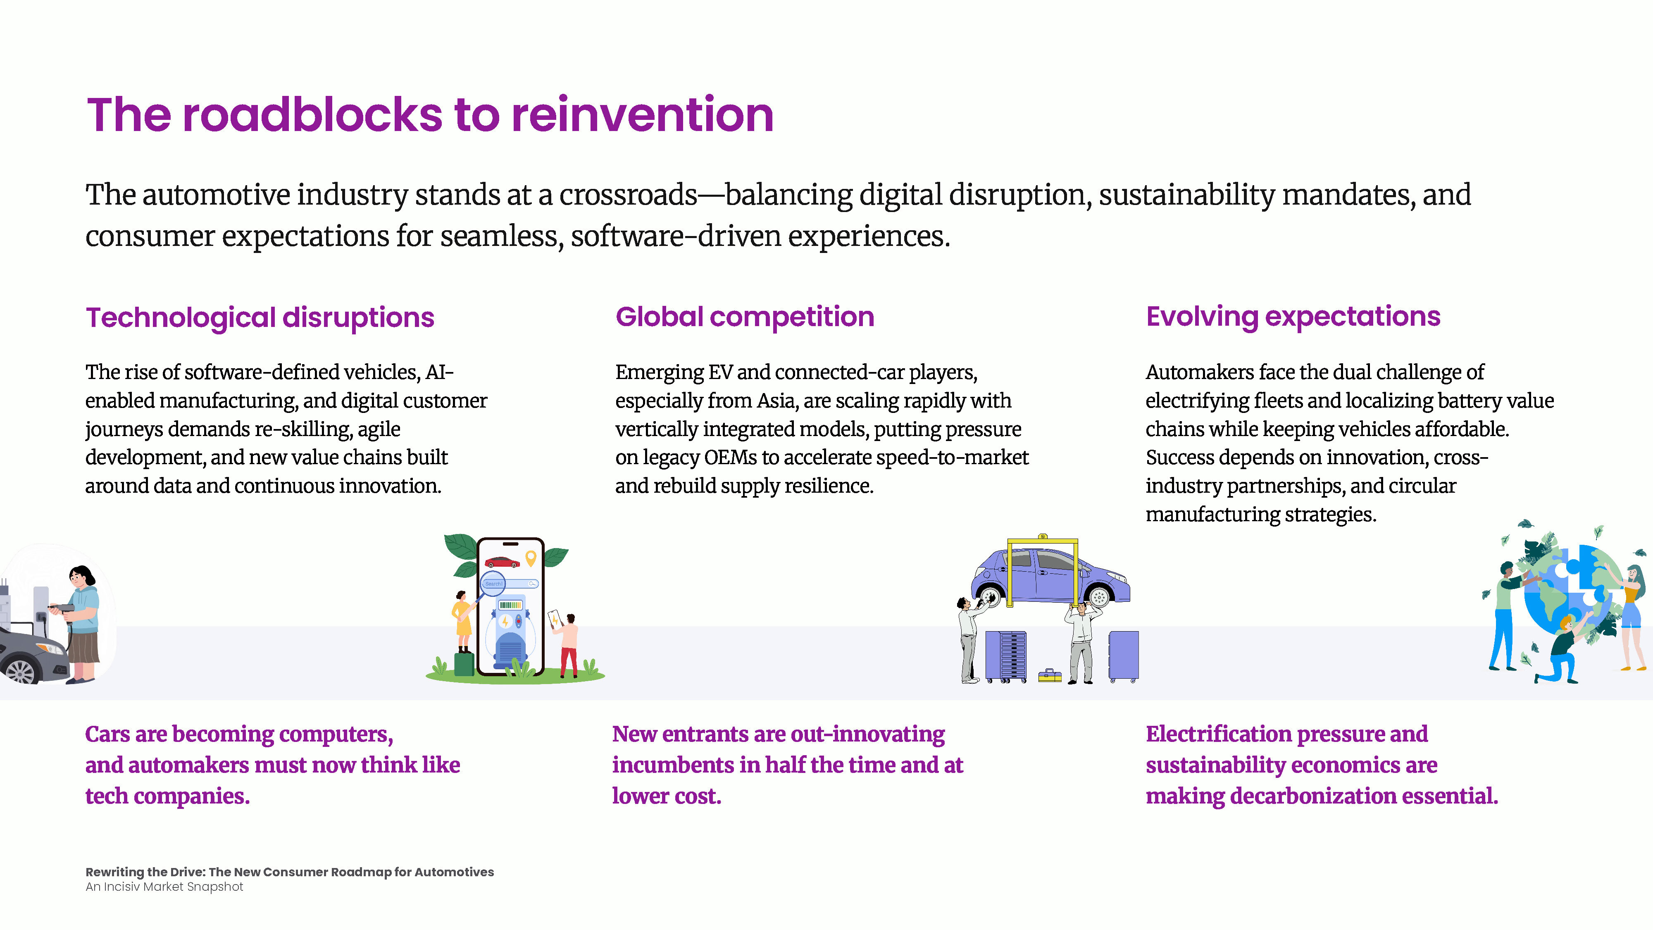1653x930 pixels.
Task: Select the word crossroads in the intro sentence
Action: (628, 195)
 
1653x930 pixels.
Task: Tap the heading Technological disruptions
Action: (260, 318)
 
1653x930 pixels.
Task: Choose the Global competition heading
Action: (744, 317)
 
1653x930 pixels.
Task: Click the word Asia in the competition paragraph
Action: (777, 401)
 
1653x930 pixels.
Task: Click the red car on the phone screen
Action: (502, 562)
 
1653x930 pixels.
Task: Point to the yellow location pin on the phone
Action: (531, 558)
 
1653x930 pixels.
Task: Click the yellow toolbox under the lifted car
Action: (1050, 675)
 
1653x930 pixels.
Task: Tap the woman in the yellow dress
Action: (462, 619)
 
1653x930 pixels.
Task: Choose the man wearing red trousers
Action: (568, 645)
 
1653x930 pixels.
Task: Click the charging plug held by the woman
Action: (61, 607)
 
